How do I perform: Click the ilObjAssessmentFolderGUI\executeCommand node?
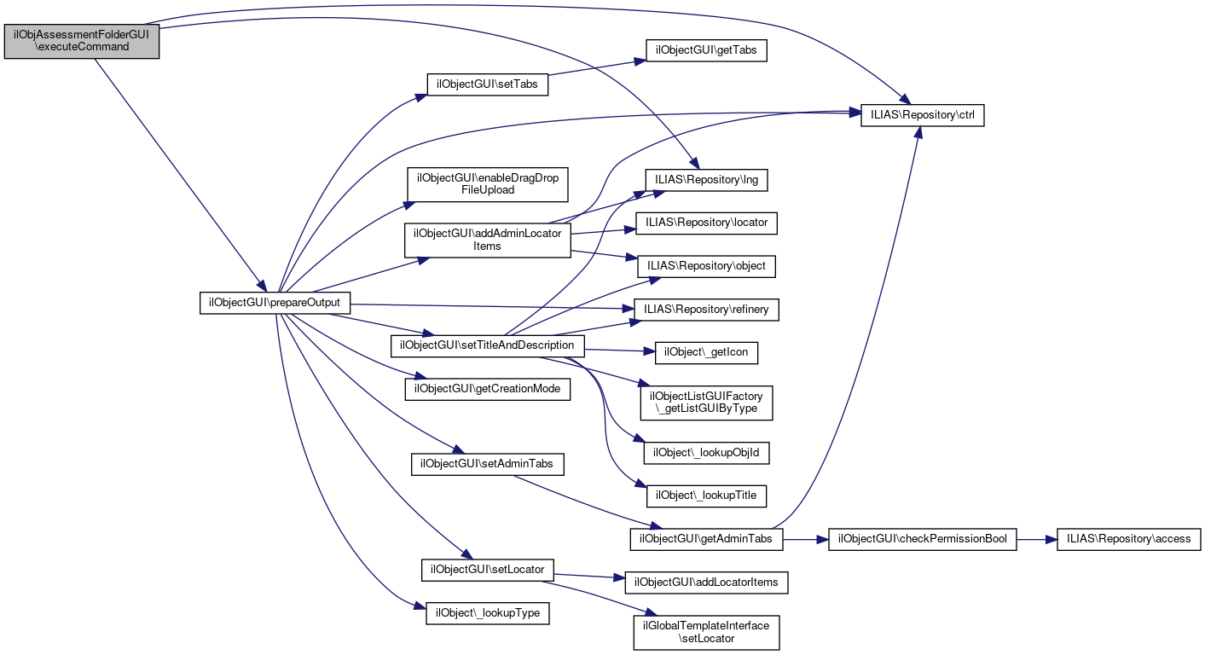coord(82,40)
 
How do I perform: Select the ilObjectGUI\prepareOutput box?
coord(275,303)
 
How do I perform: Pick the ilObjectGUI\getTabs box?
coord(706,50)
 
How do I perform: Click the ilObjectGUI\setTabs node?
coord(487,84)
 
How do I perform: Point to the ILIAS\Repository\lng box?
coord(708,180)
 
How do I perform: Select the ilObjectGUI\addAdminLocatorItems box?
coord(487,240)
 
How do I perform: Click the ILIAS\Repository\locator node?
coord(707,223)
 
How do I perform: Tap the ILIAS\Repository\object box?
coord(707,266)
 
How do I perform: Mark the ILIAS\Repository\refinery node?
coord(707,310)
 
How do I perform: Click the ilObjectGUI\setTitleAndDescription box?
coord(487,345)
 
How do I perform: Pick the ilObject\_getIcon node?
coord(706,351)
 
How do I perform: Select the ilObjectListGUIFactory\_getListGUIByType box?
coord(707,403)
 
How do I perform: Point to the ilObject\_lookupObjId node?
coord(706,452)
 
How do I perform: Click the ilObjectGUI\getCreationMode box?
coord(487,388)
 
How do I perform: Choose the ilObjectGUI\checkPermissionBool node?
coord(923,539)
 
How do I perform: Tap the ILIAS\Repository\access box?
coord(1129,539)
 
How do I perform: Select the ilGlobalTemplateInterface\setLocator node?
coord(706,631)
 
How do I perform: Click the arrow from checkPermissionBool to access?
coord(1037,539)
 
